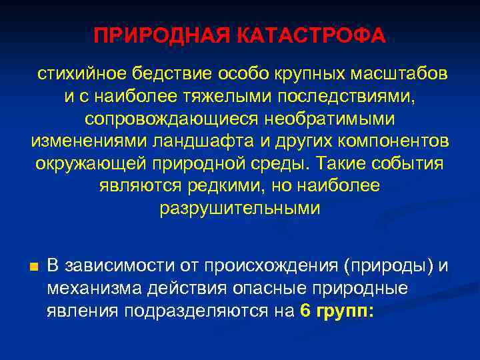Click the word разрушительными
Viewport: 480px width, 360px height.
pyautogui.click(x=240, y=209)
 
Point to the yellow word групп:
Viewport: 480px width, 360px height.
pyautogui.click(x=346, y=311)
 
